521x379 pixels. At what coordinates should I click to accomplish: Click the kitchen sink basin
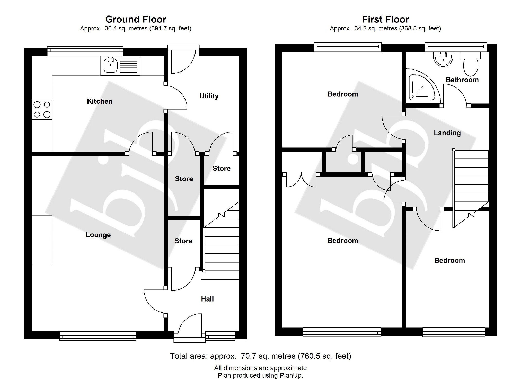click(x=111, y=65)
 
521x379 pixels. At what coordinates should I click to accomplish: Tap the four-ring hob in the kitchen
click(x=42, y=110)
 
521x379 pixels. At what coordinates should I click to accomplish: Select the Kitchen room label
click(x=100, y=101)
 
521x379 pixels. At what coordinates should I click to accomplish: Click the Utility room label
click(x=209, y=96)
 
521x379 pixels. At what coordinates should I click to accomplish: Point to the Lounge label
click(x=98, y=235)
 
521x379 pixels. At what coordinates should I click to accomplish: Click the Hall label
click(x=207, y=299)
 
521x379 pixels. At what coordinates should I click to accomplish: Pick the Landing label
click(x=447, y=133)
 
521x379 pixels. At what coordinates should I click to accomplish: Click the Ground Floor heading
click(x=136, y=20)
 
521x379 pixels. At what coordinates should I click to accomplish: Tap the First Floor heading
click(x=385, y=20)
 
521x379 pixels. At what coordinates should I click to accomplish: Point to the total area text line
click(x=260, y=356)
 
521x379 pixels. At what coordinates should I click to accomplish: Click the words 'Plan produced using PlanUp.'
click(x=260, y=375)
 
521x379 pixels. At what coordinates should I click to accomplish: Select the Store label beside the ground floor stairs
click(x=183, y=241)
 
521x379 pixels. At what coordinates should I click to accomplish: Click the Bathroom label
click(x=462, y=80)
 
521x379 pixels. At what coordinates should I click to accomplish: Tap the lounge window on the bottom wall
click(x=98, y=336)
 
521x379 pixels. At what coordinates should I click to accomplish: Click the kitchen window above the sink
click(x=85, y=51)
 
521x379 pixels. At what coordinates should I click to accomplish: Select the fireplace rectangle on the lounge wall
click(x=42, y=240)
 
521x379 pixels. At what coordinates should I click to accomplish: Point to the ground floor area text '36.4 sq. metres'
click(x=126, y=29)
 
